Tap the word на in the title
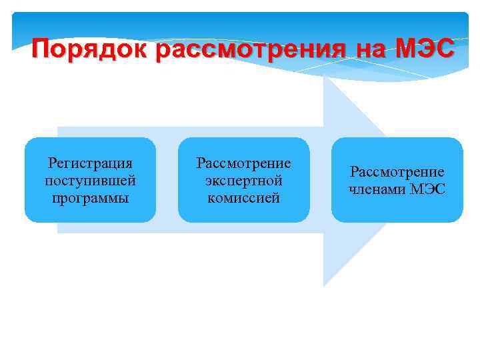(370, 49)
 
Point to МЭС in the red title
(425, 49)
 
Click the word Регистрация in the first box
(91, 163)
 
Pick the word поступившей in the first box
(91, 181)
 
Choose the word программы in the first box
(91, 198)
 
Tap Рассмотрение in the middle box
(243, 163)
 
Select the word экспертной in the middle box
(243, 181)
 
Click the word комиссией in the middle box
(243, 198)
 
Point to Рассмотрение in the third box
(397, 172)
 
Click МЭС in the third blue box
(427, 189)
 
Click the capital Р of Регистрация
(53, 163)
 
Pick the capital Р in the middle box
(199, 163)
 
